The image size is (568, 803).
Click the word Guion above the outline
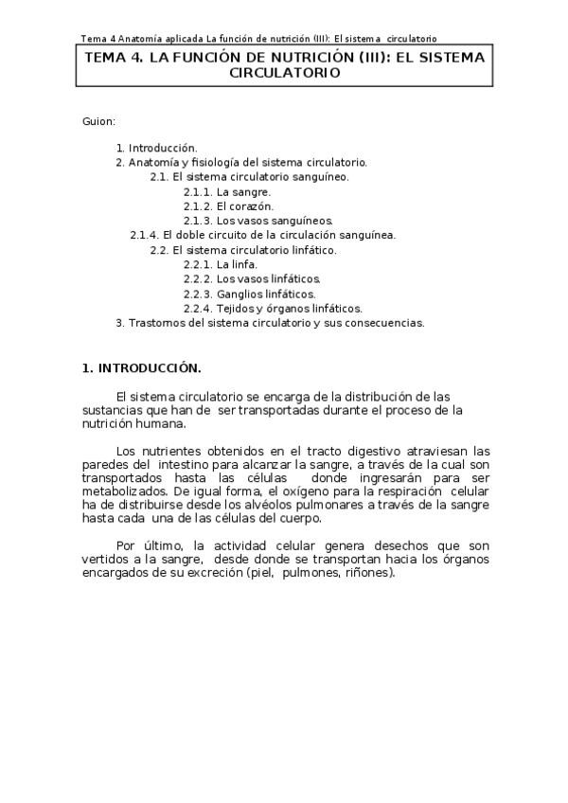98,122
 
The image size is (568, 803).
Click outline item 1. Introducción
156,148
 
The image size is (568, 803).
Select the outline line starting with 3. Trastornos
270,323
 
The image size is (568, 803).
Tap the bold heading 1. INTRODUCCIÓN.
142,367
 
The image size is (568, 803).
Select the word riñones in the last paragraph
368,573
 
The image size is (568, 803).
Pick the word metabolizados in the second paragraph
124,492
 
